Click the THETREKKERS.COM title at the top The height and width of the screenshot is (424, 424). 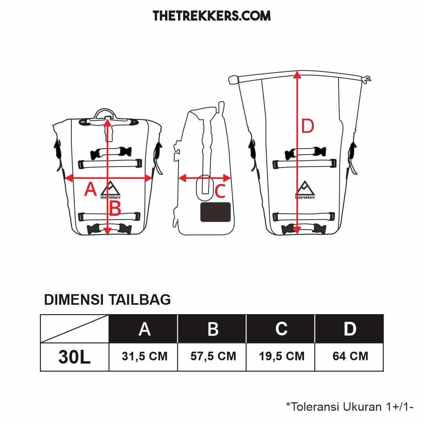click(211, 16)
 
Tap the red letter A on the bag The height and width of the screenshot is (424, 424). click(91, 189)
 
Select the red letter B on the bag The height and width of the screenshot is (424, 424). click(115, 209)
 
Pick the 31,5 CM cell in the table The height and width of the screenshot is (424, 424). click(145, 356)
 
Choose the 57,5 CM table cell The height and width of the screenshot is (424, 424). click(213, 356)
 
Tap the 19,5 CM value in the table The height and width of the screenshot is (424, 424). click(282, 356)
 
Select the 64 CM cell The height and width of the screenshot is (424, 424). click(350, 356)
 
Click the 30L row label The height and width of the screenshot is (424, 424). click(75, 357)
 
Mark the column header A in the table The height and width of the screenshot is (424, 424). click(144, 329)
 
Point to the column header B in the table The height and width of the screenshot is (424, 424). click(213, 329)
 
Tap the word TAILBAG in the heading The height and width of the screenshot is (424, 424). click(140, 300)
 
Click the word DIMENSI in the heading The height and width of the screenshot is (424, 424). click(74, 300)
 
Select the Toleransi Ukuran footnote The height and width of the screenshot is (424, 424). click(349, 406)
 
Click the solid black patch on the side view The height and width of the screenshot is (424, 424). click(215, 212)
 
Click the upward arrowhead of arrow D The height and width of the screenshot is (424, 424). click(297, 75)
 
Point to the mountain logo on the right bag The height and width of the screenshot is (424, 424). click(305, 190)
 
